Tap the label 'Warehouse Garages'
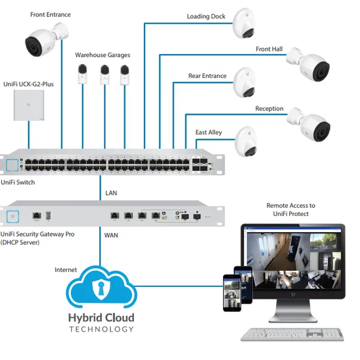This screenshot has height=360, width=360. point(102,55)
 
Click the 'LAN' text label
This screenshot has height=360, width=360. point(111,193)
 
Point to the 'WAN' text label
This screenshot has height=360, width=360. point(112,235)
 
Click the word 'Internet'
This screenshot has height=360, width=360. point(66,270)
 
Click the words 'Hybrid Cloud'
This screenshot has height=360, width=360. point(101,317)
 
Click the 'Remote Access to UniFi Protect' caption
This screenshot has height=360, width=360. point(290,209)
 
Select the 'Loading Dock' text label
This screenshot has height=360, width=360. point(206,16)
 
